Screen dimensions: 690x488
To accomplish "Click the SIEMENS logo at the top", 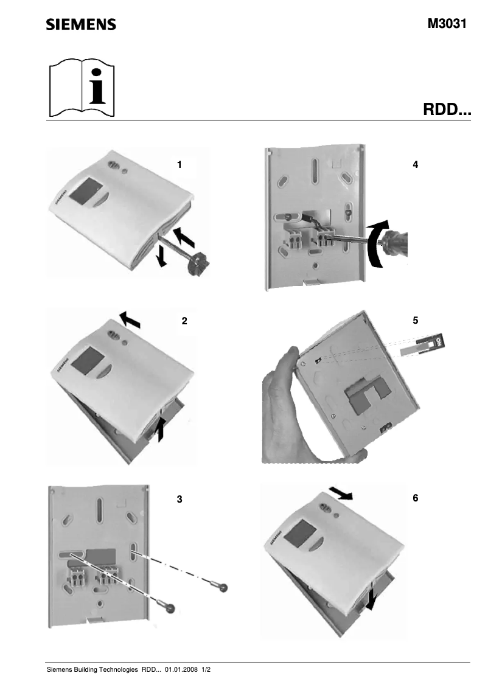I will (x=81, y=24).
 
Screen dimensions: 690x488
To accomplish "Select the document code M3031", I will (x=447, y=24).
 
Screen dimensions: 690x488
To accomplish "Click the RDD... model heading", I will (x=447, y=111).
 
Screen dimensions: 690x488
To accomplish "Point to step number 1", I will (x=179, y=164).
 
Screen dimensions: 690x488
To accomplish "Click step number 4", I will (x=415, y=164).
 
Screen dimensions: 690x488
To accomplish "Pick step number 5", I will (x=415, y=321).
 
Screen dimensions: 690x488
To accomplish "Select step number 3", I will (x=179, y=499).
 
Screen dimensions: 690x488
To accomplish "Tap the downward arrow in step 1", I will (x=161, y=256).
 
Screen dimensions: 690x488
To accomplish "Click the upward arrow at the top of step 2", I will (x=129, y=317).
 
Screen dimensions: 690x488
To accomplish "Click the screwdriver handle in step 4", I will (x=396, y=242).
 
